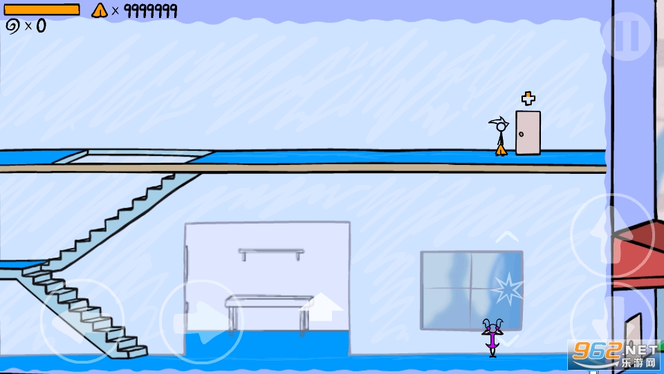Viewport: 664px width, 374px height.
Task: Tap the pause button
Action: pos(627,36)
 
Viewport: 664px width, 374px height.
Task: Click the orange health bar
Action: pos(41,10)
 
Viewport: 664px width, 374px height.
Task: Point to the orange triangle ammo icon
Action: pos(100,10)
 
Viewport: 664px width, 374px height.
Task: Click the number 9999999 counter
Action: pos(150,11)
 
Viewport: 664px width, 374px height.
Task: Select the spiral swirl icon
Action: pos(12,27)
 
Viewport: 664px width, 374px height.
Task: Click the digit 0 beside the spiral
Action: pos(41,26)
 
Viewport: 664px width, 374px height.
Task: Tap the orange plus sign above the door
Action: pos(528,98)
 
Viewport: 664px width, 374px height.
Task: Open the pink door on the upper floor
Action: pos(528,133)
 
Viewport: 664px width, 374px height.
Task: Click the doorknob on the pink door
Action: pos(521,134)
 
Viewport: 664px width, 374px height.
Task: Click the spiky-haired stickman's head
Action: pos(501,126)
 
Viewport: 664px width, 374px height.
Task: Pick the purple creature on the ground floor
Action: pos(492,338)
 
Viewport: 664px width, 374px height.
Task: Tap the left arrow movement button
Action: pos(82,321)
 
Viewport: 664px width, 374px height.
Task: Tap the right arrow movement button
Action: pos(201,321)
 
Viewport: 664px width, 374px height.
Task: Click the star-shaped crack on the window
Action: pos(507,289)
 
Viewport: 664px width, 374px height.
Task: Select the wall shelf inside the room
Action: pos(271,253)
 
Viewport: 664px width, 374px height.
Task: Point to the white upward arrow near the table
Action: pos(322,307)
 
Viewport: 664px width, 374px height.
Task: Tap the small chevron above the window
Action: pos(507,237)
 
